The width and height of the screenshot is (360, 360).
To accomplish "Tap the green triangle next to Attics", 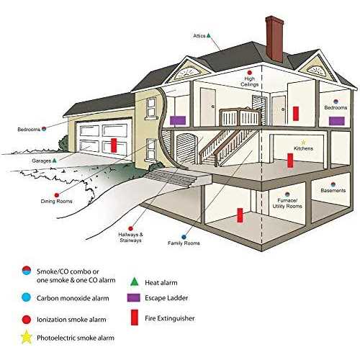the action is pyautogui.click(x=209, y=35).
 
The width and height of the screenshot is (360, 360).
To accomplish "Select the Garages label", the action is pyautogui.click(x=42, y=161).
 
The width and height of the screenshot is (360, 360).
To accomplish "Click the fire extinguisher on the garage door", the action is pyautogui.click(x=114, y=145).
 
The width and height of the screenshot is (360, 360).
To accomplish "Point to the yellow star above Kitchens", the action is pyautogui.click(x=303, y=143).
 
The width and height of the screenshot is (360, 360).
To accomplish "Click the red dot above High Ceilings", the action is pyautogui.click(x=250, y=73).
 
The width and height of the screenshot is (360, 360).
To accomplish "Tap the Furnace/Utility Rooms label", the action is pyautogui.click(x=287, y=203).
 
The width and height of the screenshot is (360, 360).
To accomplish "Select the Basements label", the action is pyautogui.click(x=333, y=191).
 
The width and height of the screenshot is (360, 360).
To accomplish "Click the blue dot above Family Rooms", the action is pyautogui.click(x=184, y=237).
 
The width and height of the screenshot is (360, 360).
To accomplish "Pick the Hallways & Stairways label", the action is pyautogui.click(x=130, y=238).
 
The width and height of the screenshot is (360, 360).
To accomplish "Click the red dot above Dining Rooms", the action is pyautogui.click(x=57, y=195).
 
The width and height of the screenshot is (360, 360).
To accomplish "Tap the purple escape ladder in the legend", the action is pyautogui.click(x=133, y=298).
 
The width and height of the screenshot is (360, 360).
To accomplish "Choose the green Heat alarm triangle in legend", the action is pyautogui.click(x=135, y=282).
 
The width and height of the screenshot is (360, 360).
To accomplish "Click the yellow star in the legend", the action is pyautogui.click(x=27, y=337).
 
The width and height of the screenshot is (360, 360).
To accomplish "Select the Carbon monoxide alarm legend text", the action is pyautogui.click(x=73, y=298).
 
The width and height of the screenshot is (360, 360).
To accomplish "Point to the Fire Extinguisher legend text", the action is pyautogui.click(x=170, y=318).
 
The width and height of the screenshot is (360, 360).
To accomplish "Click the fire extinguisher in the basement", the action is pyautogui.click(x=240, y=215).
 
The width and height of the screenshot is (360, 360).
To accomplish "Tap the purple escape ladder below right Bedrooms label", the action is pyautogui.click(x=337, y=121).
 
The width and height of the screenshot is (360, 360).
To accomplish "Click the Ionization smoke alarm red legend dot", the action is pyautogui.click(x=27, y=320).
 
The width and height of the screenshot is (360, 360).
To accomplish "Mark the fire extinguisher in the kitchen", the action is pyautogui.click(x=290, y=161).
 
